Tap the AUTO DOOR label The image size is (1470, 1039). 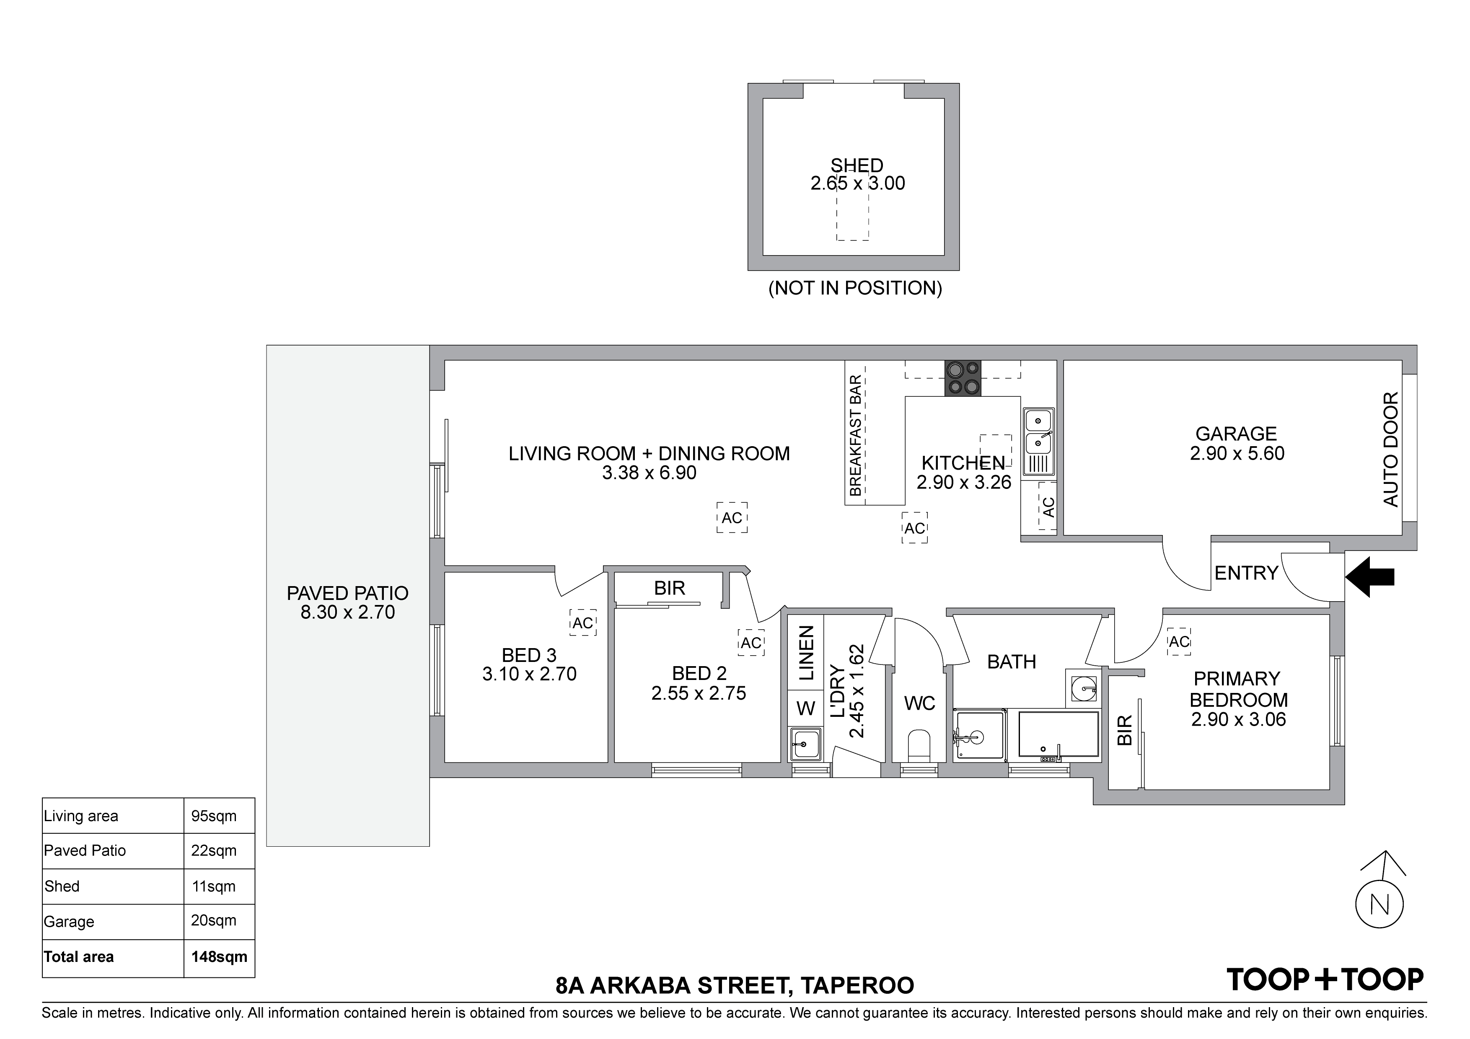[x=1391, y=450]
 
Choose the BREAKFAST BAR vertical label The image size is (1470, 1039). [x=855, y=436]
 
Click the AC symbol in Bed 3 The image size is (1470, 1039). [x=582, y=623]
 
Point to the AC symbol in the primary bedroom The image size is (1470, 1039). [x=1179, y=641]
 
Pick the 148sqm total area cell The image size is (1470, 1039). [x=219, y=957]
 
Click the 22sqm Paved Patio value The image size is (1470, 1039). [x=214, y=851]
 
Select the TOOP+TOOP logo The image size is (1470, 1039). [x=1325, y=979]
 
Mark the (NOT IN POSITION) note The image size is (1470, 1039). [x=855, y=288]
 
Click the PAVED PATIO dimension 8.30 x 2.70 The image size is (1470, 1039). [x=348, y=612]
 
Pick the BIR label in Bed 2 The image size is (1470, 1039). [x=670, y=588]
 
